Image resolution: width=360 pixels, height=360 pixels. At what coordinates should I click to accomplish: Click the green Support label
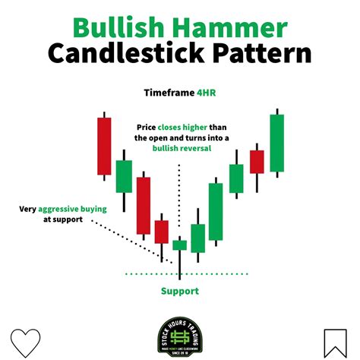[x=180, y=290]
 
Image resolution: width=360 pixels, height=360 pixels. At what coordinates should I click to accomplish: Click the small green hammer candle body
[x=180, y=245]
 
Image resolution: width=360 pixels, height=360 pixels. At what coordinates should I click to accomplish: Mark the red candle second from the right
[x=257, y=161]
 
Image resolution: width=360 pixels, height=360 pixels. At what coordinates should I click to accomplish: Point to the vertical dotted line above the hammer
[x=180, y=197]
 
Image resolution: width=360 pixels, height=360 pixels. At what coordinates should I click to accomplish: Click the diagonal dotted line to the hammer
[x=129, y=241]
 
